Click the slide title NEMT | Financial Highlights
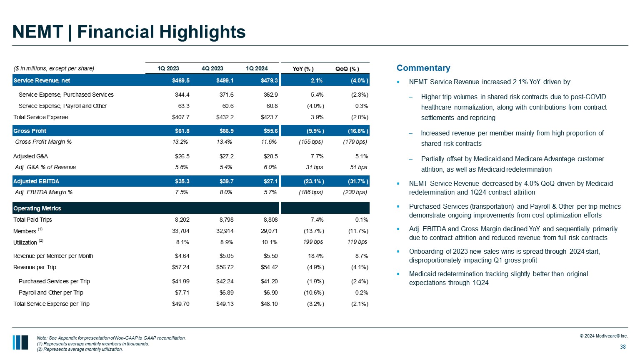[x=129, y=32]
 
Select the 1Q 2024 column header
[x=257, y=68]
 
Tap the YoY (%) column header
[x=303, y=69]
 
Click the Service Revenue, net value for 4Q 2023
[x=227, y=80]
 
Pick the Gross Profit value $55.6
[x=271, y=131]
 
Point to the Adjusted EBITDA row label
[x=36, y=181]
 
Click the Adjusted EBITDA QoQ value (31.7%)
[x=358, y=181]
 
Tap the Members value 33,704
[x=181, y=231]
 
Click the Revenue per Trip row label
[x=35, y=267]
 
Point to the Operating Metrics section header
[x=37, y=208]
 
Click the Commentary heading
[x=423, y=68]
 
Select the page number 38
[x=623, y=347]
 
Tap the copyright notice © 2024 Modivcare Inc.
[x=604, y=336]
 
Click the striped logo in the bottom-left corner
[x=20, y=342]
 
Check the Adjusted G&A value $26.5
[x=182, y=156]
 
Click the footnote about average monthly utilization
[x=80, y=350]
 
